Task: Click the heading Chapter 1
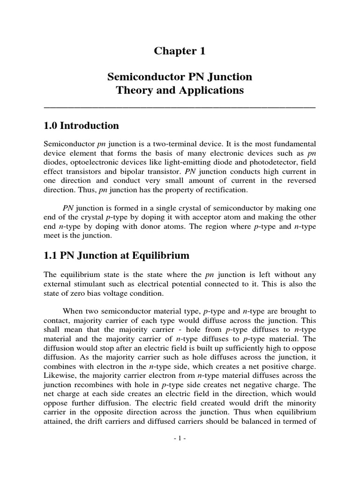point(180,52)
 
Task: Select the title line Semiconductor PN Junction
point(180,76)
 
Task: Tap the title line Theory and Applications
point(180,90)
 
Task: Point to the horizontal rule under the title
point(180,107)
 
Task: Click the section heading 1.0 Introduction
point(81,126)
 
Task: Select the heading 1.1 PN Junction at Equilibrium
point(116,255)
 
